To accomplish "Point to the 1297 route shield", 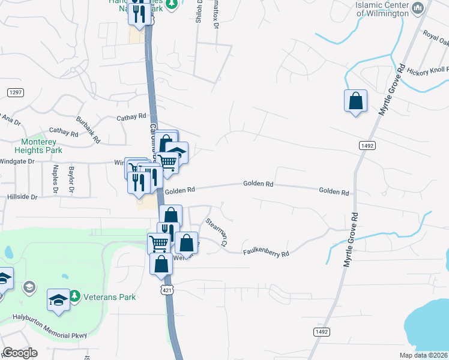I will point(16,92).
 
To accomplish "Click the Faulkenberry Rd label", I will point(266,254).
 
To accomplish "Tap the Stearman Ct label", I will point(217,232).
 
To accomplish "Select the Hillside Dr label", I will point(22,196).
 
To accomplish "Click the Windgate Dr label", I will point(18,161).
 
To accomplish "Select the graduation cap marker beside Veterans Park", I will point(59,300).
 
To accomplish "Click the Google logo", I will point(20,353).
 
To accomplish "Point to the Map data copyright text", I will point(424,355).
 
